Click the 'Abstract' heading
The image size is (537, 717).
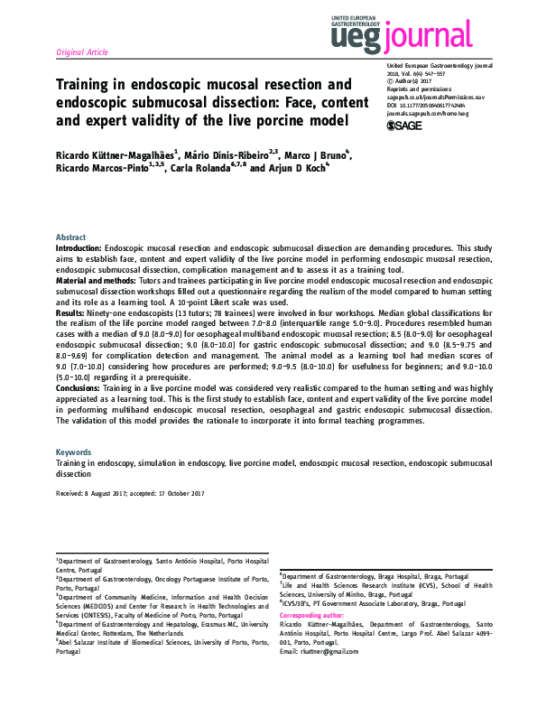click(x=71, y=236)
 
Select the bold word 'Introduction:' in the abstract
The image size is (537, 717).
click(x=79, y=247)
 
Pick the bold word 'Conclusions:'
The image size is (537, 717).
click(x=79, y=386)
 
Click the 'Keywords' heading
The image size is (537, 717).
click(x=73, y=451)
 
